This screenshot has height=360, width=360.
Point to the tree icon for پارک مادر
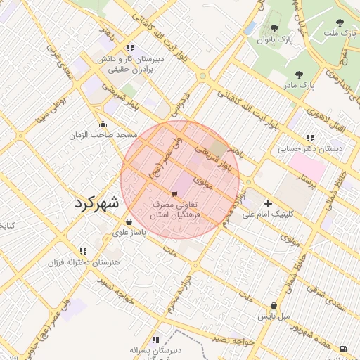tap(300, 74)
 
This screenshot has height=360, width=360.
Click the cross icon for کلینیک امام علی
tap(268, 203)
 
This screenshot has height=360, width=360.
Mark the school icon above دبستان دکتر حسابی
tap(310, 139)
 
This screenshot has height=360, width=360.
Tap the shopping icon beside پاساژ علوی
tap(127, 222)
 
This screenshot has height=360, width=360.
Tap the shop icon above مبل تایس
tap(274, 306)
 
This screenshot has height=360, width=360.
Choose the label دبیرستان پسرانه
tap(156, 349)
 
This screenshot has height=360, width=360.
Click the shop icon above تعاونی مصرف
tap(174, 193)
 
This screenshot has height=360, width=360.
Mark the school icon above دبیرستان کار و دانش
tap(130, 49)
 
